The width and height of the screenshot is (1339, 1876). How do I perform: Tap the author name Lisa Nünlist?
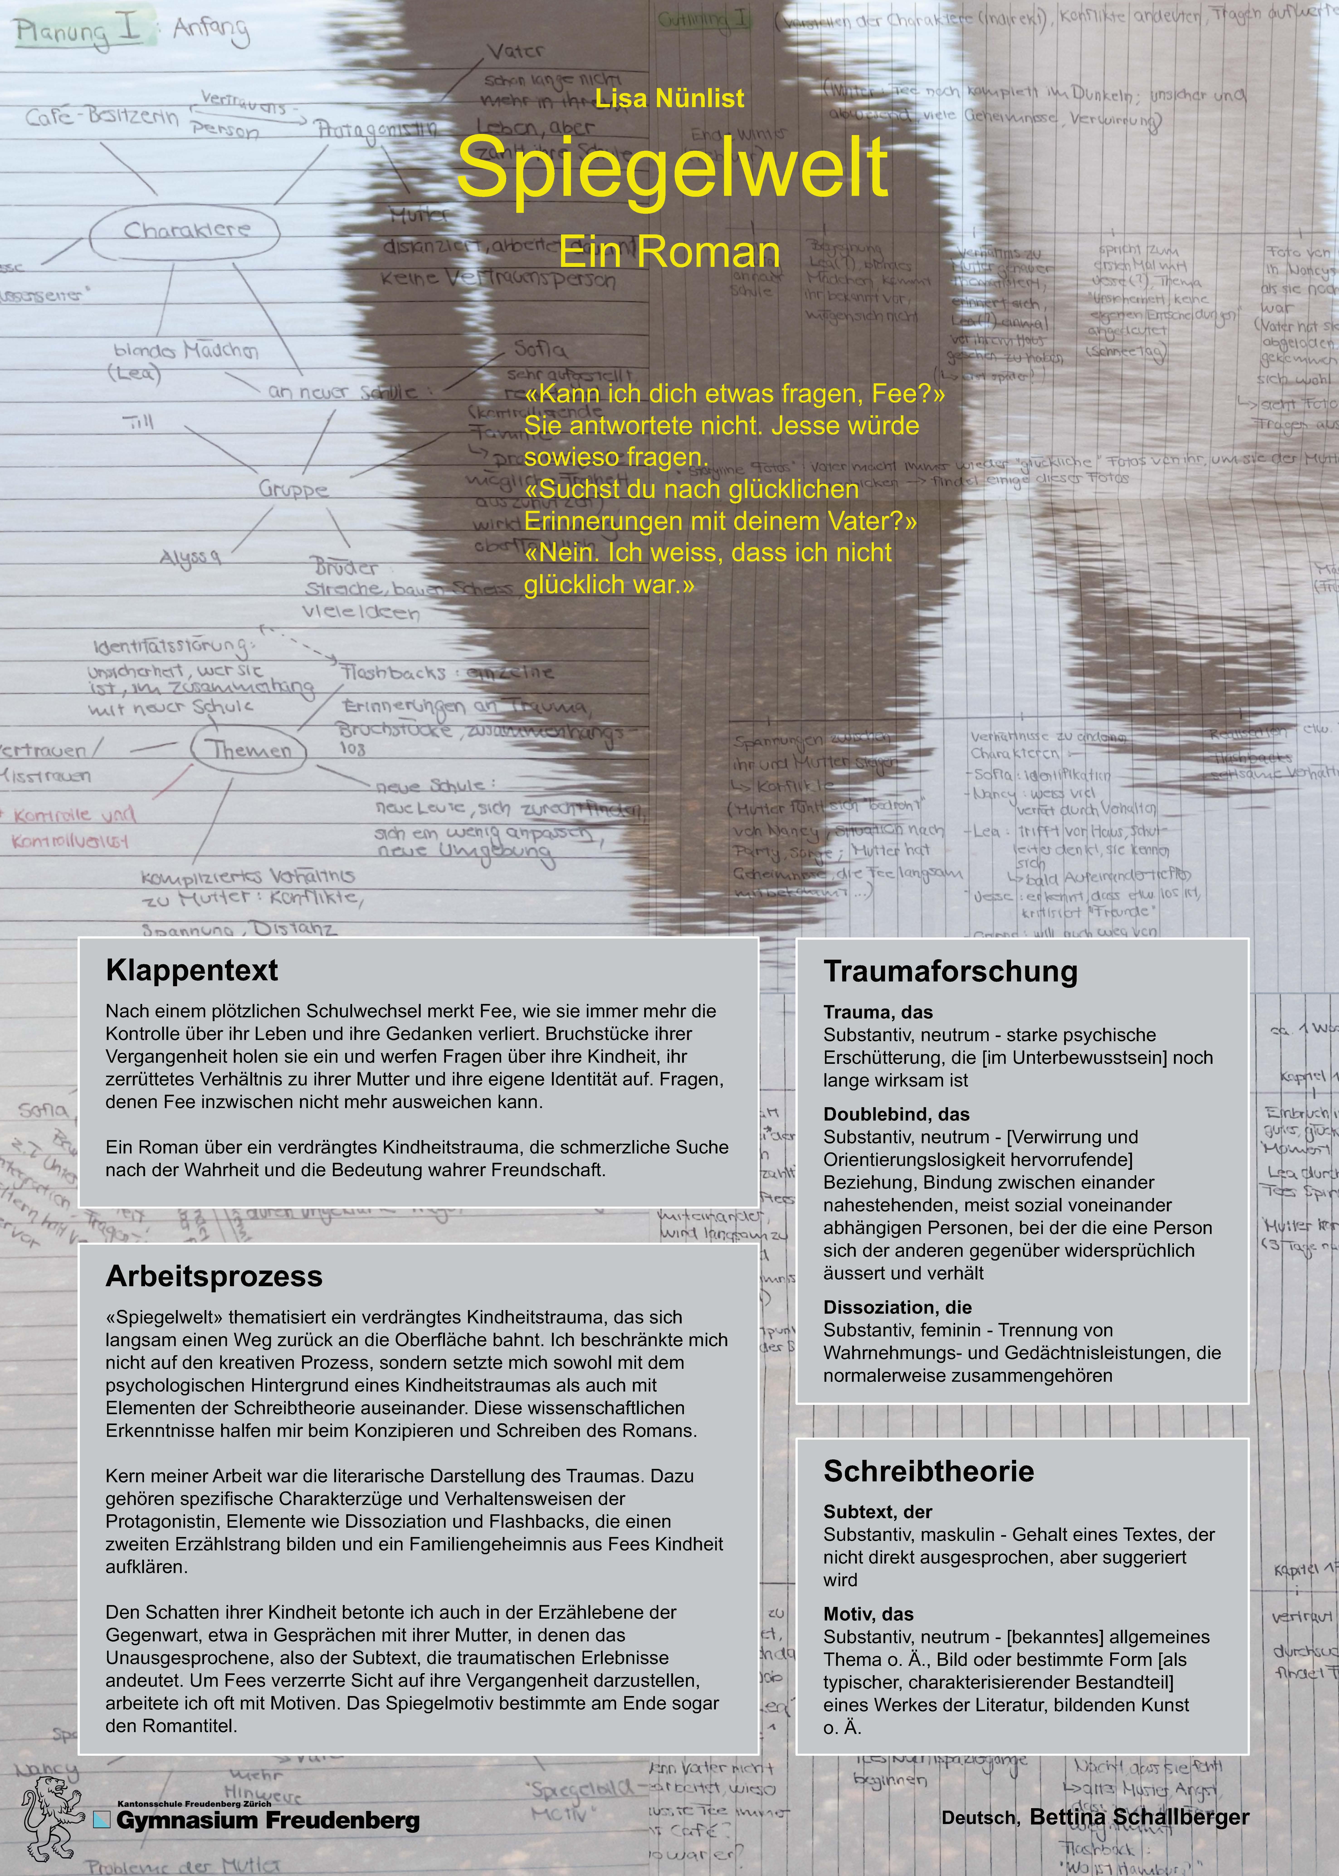[x=669, y=98]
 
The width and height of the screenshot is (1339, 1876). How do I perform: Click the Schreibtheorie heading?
[x=928, y=1471]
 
